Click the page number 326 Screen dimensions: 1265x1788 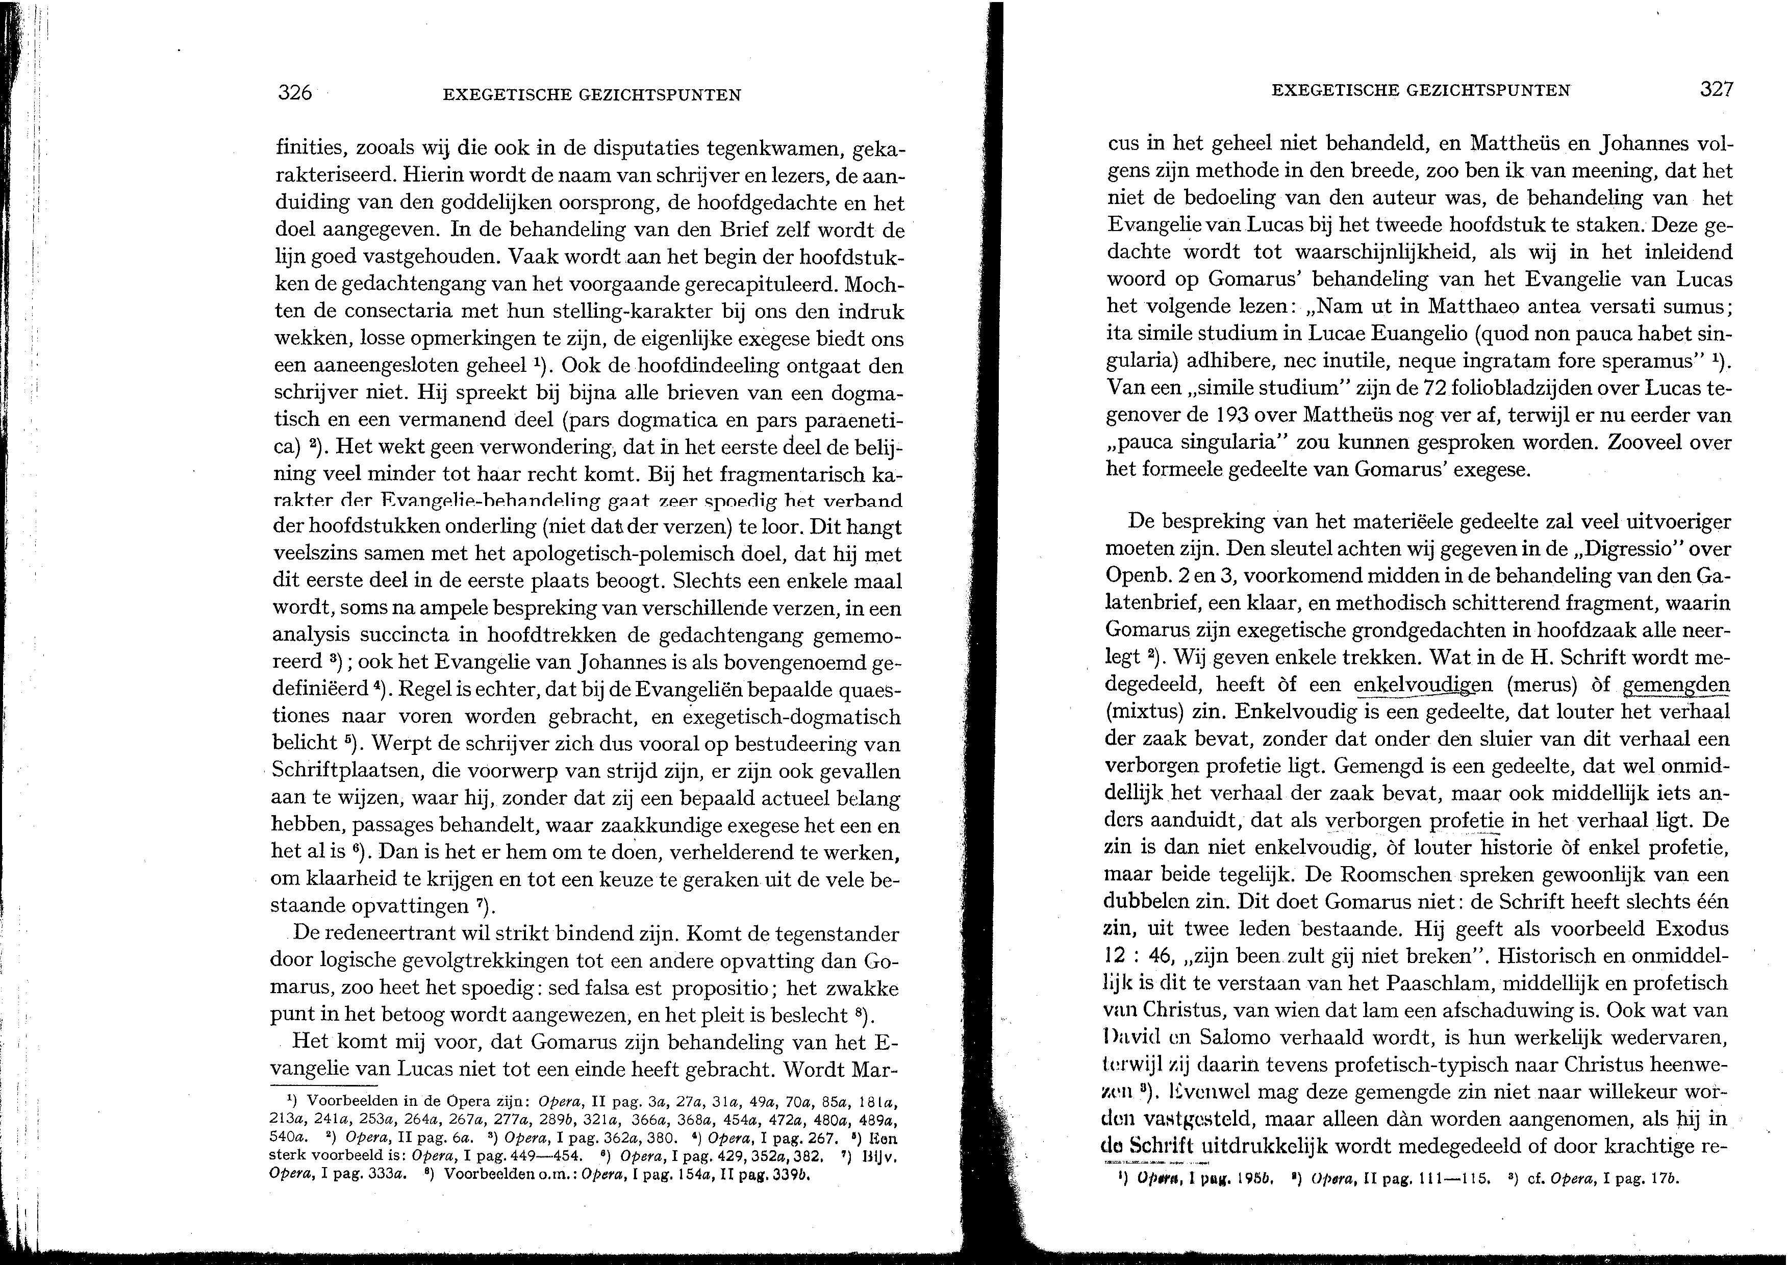pos(295,93)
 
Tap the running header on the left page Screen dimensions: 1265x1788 pos(591,95)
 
